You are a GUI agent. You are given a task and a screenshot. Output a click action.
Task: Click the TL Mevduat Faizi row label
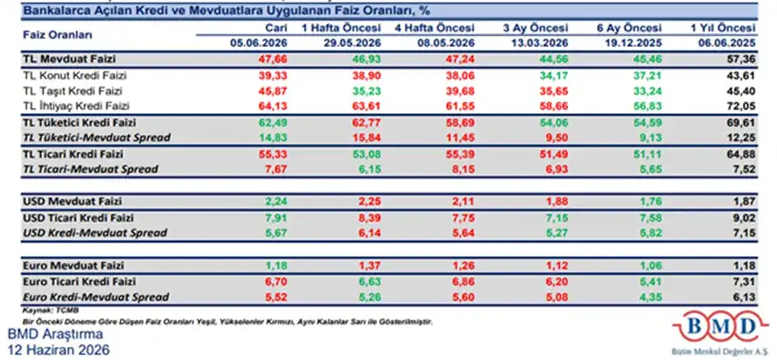click(x=69, y=59)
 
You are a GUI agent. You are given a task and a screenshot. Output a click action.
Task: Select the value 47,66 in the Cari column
click(x=273, y=59)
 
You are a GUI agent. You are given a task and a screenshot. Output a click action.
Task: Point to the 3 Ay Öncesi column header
click(x=535, y=28)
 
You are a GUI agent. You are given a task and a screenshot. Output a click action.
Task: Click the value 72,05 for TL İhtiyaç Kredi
click(x=741, y=106)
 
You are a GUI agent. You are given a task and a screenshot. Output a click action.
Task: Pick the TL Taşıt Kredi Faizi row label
click(x=73, y=91)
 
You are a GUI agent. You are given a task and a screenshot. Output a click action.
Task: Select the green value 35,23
click(x=367, y=91)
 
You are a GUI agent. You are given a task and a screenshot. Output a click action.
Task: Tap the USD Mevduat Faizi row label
click(x=73, y=201)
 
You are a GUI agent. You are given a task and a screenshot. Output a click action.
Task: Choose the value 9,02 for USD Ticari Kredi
click(x=745, y=217)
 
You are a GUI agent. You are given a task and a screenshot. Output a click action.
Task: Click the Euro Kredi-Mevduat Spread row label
click(x=96, y=297)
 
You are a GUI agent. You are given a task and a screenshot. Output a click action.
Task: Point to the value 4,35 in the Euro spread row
click(x=651, y=297)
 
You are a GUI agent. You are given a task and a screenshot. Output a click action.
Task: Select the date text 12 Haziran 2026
click(x=59, y=349)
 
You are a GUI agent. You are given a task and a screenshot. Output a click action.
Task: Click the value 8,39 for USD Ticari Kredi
click(x=370, y=217)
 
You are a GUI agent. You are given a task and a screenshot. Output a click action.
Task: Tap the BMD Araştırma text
click(x=55, y=334)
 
